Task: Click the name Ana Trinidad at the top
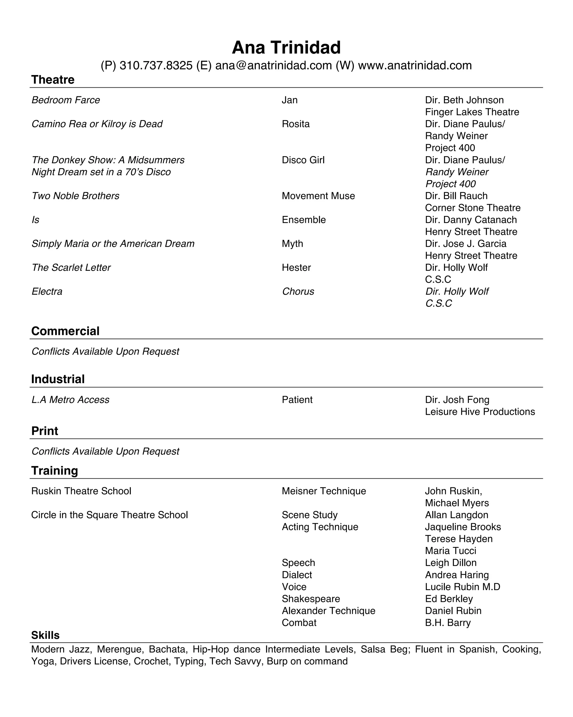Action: coord(286,47)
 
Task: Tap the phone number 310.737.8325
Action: coord(156,66)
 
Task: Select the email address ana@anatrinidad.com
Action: coord(273,66)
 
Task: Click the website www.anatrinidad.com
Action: coord(415,66)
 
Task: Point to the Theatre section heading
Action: coord(53,80)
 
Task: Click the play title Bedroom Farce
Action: coord(66,100)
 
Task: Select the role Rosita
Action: coord(296,124)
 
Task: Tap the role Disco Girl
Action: coord(303,160)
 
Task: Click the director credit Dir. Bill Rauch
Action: coord(456,196)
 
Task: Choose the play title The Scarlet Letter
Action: coord(71,268)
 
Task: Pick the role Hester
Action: coord(296,268)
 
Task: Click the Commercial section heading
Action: coord(65,331)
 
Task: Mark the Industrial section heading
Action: coord(58,379)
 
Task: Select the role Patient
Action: coord(297,400)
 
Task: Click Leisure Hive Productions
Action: coord(480,412)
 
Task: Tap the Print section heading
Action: coord(44,431)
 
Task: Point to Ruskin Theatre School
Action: coord(81,491)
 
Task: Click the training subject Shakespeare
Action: coord(311,599)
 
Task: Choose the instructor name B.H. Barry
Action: coord(447,623)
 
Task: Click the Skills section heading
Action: coord(45,635)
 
